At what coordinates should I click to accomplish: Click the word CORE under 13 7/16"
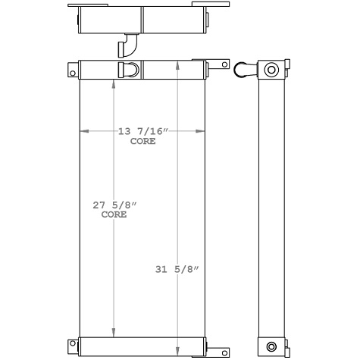tap(142, 141)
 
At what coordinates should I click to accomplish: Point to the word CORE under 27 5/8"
tap(114, 214)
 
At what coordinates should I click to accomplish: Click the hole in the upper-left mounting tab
tap(73, 73)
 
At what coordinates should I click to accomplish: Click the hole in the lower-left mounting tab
tap(73, 346)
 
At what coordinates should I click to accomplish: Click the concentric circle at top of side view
tap(271, 70)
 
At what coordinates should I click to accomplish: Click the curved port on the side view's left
tap(245, 70)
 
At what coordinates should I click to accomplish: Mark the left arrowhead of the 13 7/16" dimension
tap(83, 132)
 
